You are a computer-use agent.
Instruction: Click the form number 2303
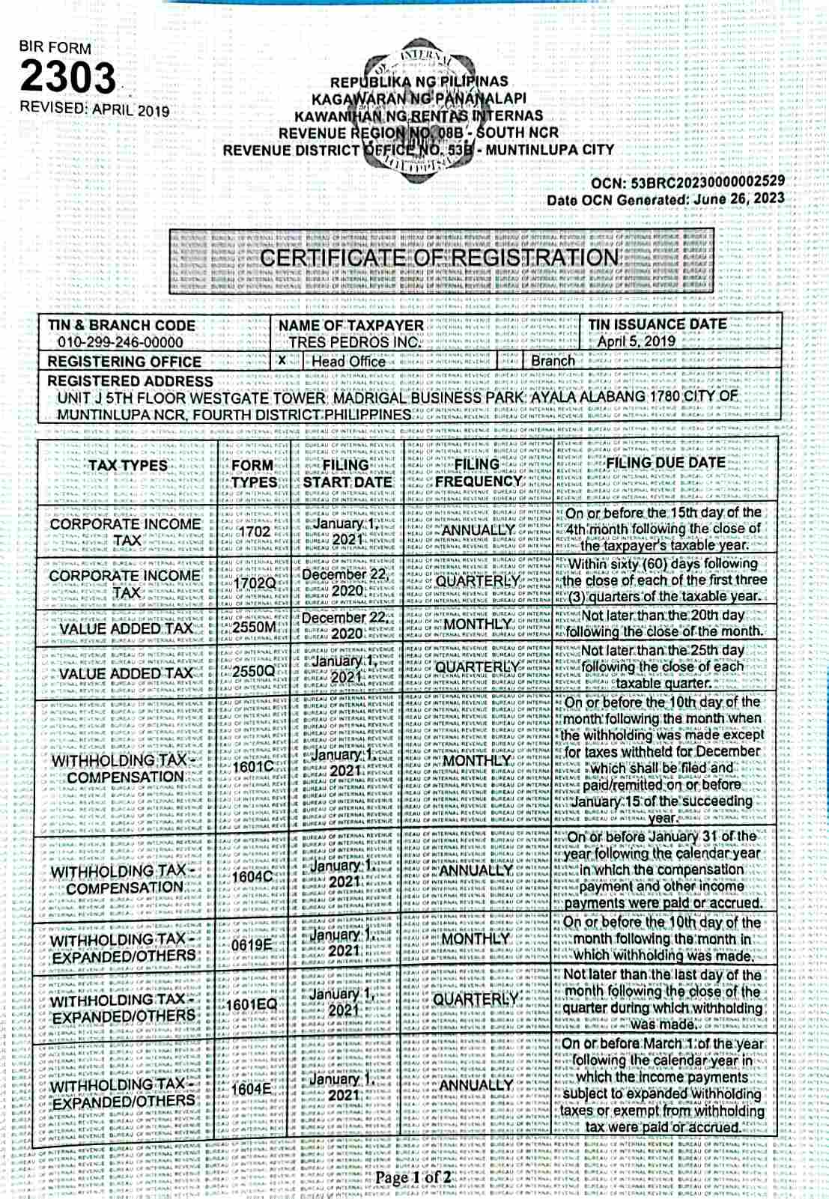click(68, 77)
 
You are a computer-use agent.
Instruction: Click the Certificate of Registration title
click(439, 258)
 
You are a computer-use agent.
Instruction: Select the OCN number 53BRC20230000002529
click(708, 181)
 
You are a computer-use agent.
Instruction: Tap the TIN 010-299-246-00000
click(120, 342)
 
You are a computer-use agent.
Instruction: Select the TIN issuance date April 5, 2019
click(637, 342)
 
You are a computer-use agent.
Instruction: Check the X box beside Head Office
click(282, 360)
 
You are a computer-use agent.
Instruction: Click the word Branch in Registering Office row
click(553, 360)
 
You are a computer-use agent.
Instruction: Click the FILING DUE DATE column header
click(666, 463)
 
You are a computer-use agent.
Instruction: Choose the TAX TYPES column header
click(128, 465)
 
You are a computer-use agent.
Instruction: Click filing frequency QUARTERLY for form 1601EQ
click(476, 999)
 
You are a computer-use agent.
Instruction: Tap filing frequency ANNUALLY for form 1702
click(478, 530)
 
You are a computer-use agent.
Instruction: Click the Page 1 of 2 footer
click(413, 1177)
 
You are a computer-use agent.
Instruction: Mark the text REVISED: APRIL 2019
click(94, 109)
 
